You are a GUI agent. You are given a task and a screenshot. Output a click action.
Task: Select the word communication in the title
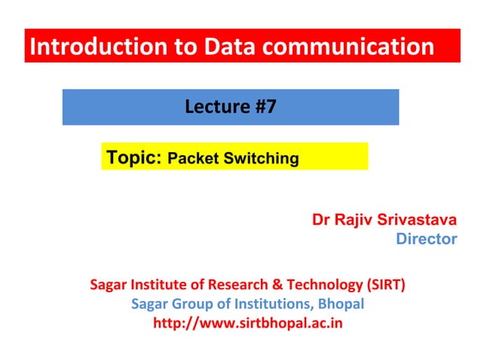tap(351, 47)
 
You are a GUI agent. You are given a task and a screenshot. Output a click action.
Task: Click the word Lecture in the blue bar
tap(213, 107)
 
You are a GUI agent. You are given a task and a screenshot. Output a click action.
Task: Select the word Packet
tap(191, 159)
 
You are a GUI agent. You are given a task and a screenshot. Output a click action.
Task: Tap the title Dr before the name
tap(321, 220)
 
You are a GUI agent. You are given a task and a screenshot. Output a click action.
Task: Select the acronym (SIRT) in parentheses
tap(384, 285)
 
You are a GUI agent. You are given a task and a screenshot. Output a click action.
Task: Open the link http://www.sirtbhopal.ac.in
tap(248, 324)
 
